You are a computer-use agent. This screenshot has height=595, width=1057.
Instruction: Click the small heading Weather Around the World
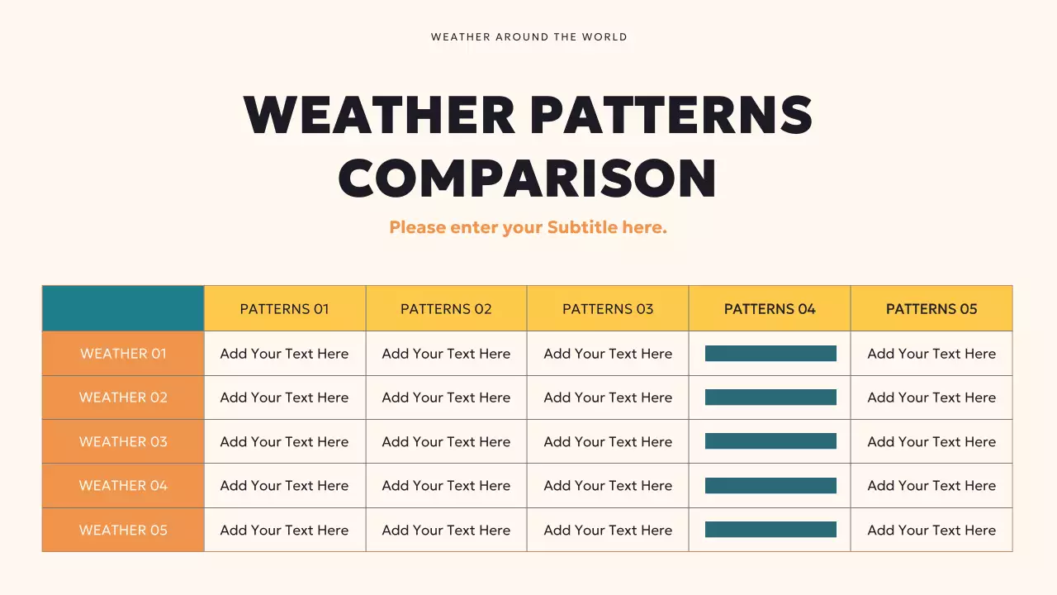coord(528,37)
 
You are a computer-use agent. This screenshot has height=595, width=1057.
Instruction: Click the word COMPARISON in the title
coord(528,177)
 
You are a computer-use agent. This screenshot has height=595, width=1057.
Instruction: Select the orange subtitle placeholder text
coord(528,227)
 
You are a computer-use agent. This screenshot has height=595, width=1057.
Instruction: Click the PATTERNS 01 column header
coord(284,309)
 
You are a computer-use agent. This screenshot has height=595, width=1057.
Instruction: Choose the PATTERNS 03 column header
coord(608,309)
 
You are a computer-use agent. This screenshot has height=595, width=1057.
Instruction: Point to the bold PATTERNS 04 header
coord(770,309)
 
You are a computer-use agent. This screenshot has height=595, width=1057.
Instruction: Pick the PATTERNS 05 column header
coord(931,309)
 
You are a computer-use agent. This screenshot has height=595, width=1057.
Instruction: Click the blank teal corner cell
coord(123,308)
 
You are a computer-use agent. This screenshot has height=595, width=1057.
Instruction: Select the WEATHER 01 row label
coord(123,354)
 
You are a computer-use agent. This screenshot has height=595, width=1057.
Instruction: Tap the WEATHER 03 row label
coord(123,442)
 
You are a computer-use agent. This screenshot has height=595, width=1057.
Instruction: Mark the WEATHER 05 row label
coord(123,531)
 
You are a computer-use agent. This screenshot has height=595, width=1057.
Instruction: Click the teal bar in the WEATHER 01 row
coord(770,354)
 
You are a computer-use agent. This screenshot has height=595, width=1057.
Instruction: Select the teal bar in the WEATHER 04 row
coord(770,486)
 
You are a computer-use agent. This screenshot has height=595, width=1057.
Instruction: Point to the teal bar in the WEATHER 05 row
coord(770,530)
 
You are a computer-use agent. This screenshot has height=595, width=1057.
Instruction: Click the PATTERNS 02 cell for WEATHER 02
coord(446,397)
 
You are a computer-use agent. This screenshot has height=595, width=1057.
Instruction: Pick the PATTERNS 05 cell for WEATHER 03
coord(931,442)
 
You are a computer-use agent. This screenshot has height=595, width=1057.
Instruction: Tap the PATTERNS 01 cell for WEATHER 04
coord(284,486)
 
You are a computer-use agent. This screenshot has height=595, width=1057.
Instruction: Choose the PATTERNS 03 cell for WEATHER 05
coord(608,531)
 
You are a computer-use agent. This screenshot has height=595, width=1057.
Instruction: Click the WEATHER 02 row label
coord(123,397)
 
